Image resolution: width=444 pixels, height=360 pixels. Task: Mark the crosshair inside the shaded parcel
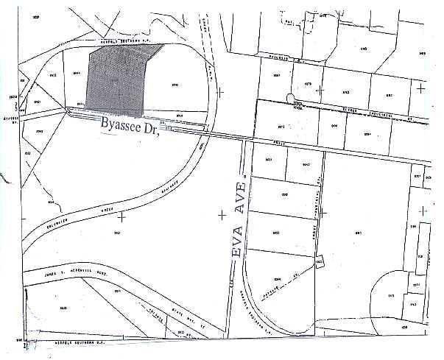(x=117, y=91)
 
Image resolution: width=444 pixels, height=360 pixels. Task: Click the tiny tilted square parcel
(x=319, y=262)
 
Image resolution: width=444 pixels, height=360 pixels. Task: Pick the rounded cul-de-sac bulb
(x=295, y=99)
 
